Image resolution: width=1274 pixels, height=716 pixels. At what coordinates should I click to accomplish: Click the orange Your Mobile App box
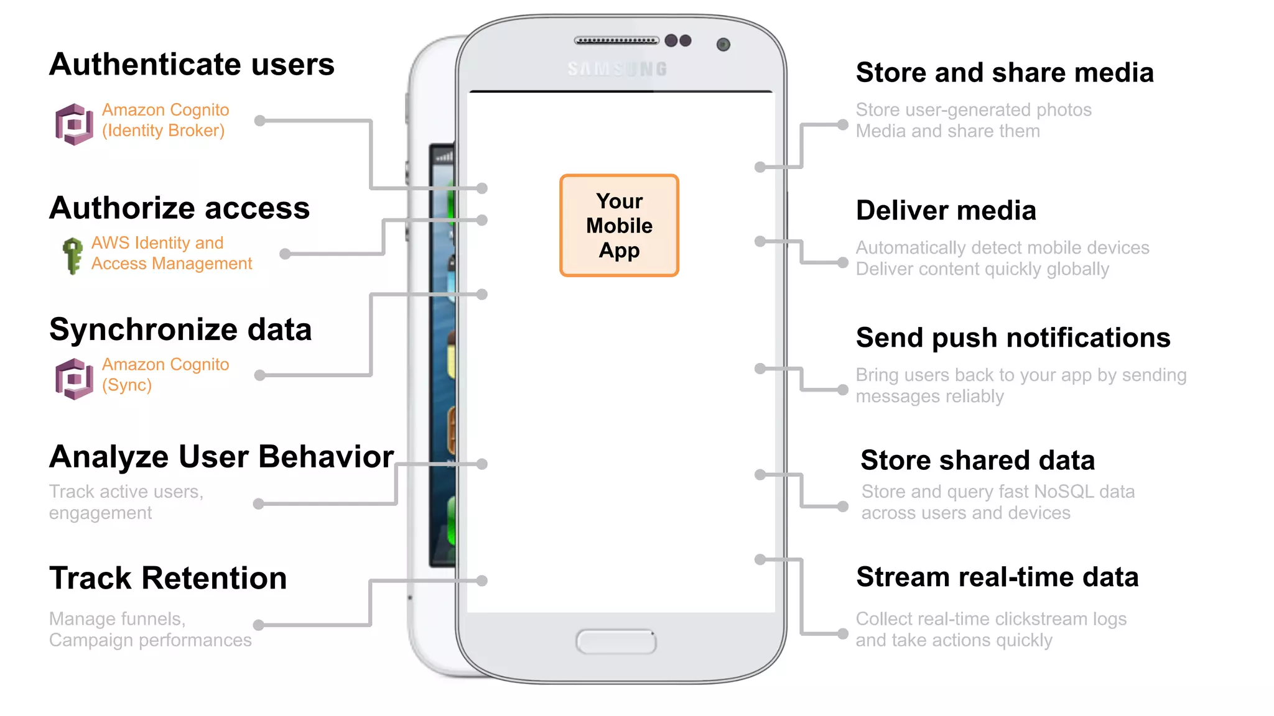pyautogui.click(x=619, y=226)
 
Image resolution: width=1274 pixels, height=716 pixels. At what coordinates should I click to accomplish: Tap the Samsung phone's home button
pyautogui.click(x=616, y=641)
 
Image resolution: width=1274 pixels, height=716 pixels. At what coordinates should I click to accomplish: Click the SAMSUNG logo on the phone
pyautogui.click(x=617, y=69)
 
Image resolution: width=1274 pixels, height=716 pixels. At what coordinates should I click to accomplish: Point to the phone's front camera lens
pyautogui.click(x=723, y=45)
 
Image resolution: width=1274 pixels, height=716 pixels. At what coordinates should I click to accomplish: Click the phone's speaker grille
pyautogui.click(x=616, y=41)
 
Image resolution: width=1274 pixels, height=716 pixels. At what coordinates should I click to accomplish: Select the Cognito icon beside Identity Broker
pyautogui.click(x=74, y=124)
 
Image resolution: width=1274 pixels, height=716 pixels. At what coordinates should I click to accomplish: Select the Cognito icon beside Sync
pyautogui.click(x=74, y=379)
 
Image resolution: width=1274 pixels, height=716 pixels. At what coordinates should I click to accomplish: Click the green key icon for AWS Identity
pyautogui.click(x=73, y=255)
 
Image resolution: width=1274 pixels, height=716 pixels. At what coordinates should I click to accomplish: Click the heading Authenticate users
pyautogui.click(x=192, y=65)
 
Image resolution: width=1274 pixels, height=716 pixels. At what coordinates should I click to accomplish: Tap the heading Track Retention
pyautogui.click(x=168, y=578)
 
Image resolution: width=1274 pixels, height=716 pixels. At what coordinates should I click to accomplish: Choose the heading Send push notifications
pyautogui.click(x=1013, y=338)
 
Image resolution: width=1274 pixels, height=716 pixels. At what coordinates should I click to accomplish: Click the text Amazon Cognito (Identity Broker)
pyautogui.click(x=165, y=120)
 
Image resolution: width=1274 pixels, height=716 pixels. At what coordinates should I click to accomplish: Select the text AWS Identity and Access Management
pyautogui.click(x=171, y=253)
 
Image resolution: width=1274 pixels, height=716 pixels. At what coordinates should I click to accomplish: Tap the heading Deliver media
pyautogui.click(x=946, y=211)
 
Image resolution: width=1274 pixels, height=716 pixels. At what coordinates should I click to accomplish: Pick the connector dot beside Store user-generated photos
pyautogui.click(x=842, y=125)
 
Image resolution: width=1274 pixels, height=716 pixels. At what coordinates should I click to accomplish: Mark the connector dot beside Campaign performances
pyautogui.click(x=259, y=625)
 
